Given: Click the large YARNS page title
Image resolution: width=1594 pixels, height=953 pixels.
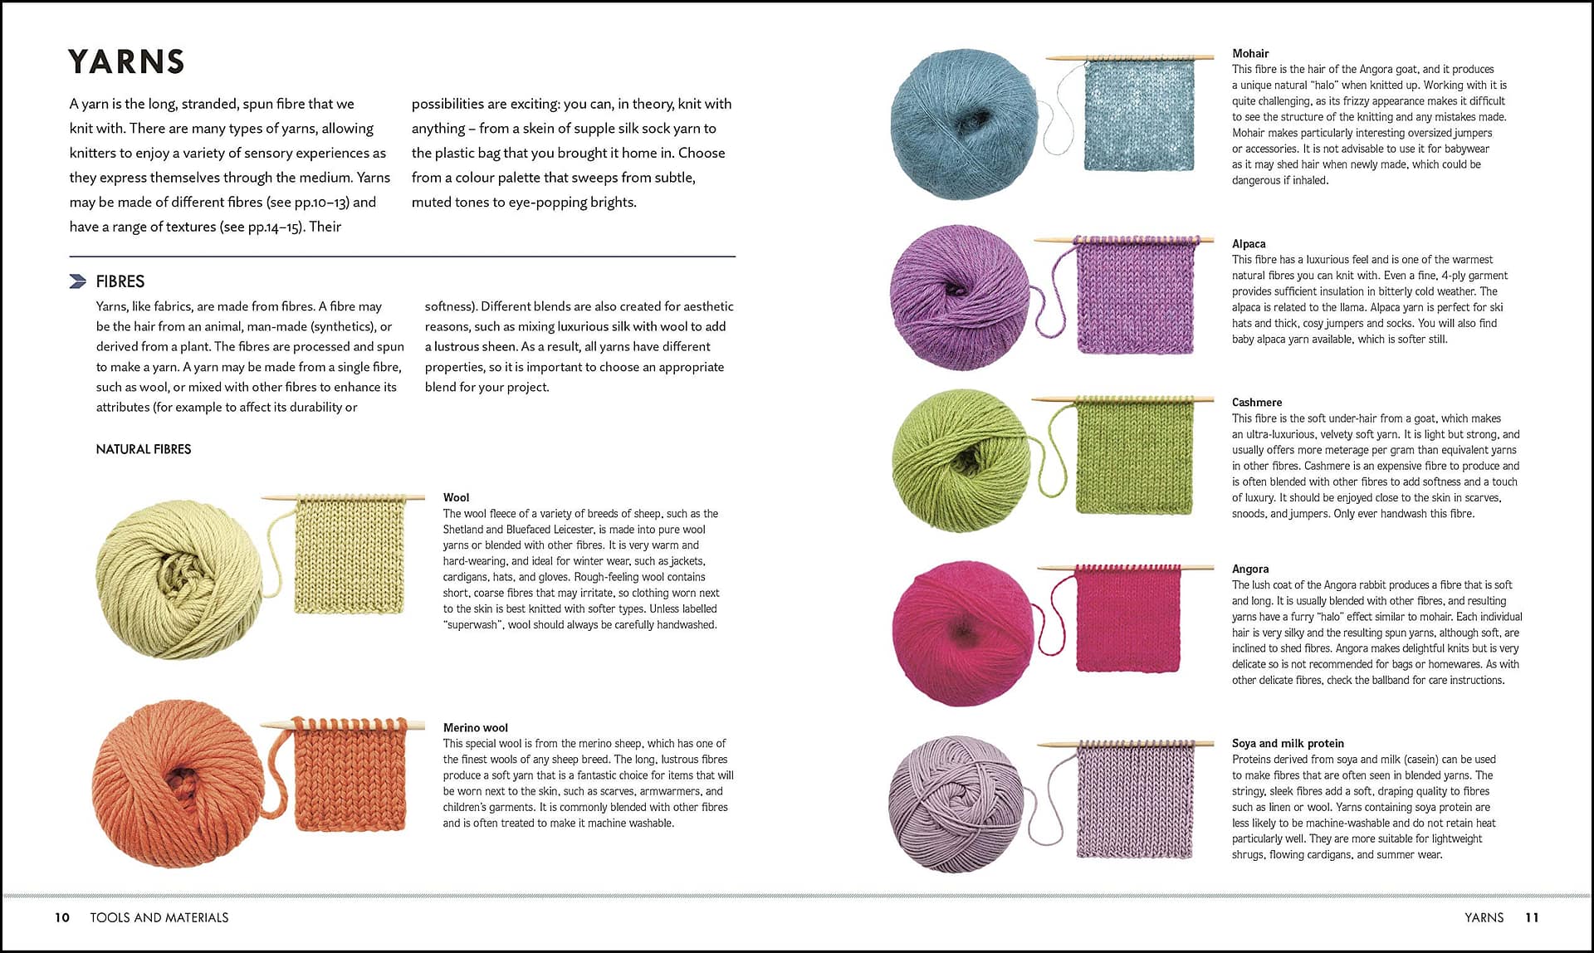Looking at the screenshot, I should coord(126,62).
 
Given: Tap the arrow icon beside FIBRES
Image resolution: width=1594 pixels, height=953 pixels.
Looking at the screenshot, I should coord(78,281).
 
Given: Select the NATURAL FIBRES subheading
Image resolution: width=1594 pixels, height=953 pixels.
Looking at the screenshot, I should coord(144,449).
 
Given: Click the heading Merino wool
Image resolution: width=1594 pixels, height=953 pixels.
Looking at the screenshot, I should coord(475,728).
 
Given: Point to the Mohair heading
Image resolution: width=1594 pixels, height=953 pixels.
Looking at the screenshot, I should coord(1250,53).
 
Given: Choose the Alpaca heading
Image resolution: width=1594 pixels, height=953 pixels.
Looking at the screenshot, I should coord(1249,244).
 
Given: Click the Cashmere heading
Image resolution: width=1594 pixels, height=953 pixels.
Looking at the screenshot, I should coord(1257,403).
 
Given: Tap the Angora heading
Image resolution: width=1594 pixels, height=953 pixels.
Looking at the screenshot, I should coord(1250,569).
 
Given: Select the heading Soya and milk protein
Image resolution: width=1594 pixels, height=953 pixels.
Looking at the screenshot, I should coord(1288,744).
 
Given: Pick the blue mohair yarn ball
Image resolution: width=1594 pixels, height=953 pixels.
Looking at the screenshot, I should coord(963,124).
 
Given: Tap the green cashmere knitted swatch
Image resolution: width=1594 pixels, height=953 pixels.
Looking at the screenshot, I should coord(1134,457).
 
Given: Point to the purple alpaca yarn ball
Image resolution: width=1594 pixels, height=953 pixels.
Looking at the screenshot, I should coord(960,297).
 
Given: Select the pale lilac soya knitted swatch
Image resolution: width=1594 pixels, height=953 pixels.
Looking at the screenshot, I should coord(1135,803).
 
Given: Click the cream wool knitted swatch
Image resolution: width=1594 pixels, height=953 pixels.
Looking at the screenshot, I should coord(350,557).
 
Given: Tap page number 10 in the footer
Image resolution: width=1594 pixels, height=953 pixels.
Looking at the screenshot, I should coord(62,917).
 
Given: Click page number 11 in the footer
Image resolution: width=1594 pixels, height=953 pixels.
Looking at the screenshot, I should coord(1532,917).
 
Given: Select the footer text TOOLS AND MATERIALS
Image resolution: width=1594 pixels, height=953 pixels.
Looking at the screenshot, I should coord(159,917).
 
